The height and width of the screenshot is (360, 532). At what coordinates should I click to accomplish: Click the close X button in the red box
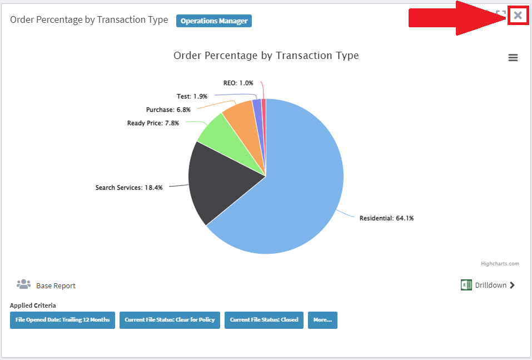click(x=518, y=15)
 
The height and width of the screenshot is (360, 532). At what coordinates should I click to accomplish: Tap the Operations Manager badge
click(x=214, y=21)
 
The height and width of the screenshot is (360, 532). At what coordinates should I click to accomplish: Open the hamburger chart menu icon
click(x=513, y=58)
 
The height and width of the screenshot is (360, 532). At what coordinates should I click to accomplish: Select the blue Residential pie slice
click(x=300, y=189)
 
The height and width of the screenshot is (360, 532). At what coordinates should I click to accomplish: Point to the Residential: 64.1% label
click(x=386, y=218)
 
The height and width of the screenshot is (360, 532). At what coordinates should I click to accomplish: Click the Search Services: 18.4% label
click(x=129, y=188)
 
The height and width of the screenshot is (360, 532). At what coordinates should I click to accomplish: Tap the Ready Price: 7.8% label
click(x=153, y=123)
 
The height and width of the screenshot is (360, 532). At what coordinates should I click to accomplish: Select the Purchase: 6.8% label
click(x=168, y=110)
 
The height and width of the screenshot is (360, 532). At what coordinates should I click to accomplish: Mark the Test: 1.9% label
click(x=192, y=96)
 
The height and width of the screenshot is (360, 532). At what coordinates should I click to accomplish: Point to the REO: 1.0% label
click(x=238, y=83)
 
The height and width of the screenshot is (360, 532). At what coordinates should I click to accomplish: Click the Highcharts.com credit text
click(x=500, y=264)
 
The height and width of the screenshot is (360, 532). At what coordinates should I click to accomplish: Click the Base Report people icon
click(x=23, y=285)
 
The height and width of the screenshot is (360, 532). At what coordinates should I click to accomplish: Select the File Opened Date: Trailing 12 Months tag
click(x=62, y=320)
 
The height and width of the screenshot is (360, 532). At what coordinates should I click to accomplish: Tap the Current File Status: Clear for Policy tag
click(x=170, y=320)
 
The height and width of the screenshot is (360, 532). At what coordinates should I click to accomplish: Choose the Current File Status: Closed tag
click(x=264, y=320)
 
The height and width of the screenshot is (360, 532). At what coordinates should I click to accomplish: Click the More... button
click(x=322, y=320)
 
